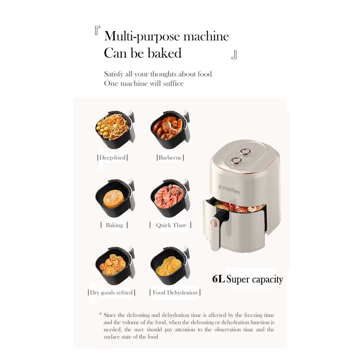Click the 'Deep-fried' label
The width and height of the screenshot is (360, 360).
(112, 158)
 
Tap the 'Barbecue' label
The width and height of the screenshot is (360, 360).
(170, 158)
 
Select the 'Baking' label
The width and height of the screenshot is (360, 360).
(114, 225)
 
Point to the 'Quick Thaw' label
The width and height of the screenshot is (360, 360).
(170, 225)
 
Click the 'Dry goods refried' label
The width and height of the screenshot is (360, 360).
(111, 293)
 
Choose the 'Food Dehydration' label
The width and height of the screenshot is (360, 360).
(175, 293)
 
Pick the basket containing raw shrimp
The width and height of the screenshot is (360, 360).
(167, 197)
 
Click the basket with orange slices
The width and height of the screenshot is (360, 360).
(167, 266)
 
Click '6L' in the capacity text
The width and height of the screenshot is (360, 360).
(218, 279)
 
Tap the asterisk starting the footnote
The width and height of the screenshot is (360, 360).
(100, 314)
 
